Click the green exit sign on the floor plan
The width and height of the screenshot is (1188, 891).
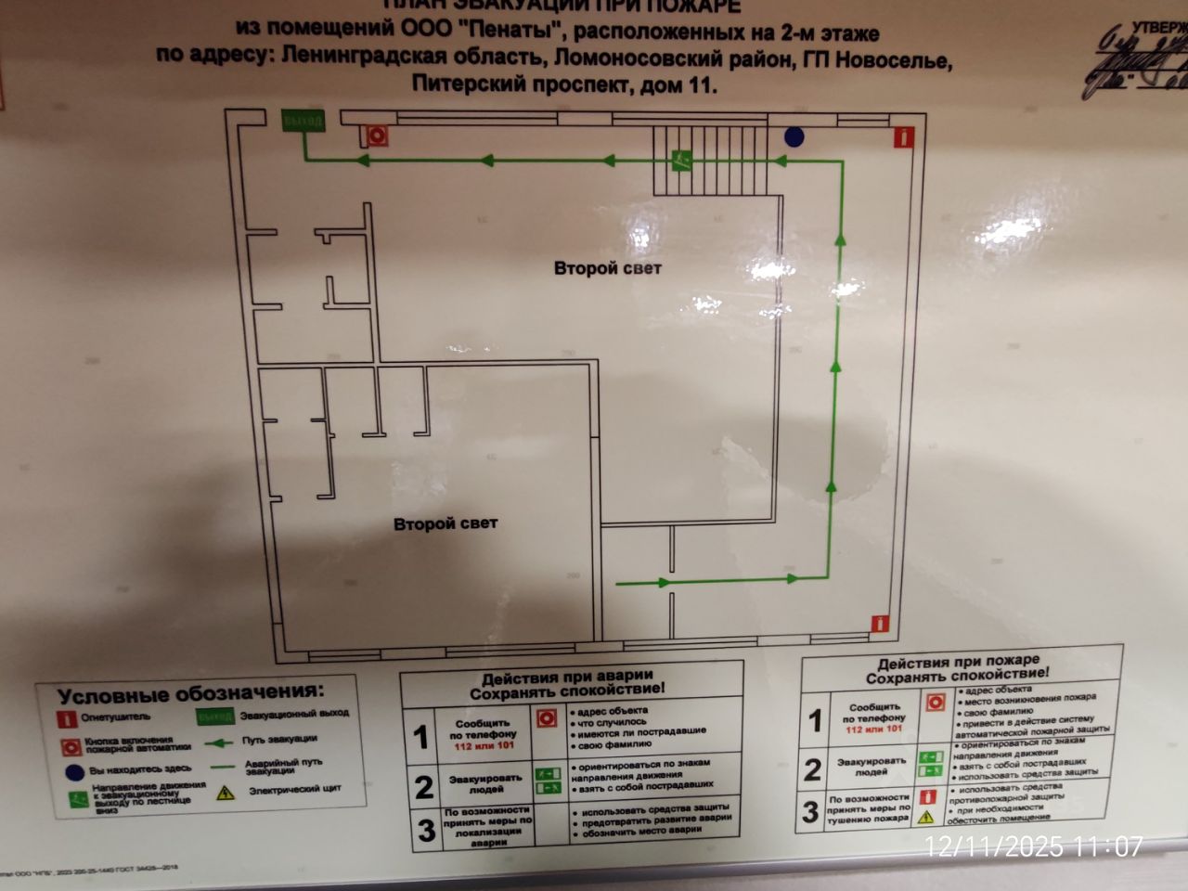click(x=303, y=121)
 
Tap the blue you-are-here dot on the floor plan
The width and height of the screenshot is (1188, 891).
click(x=794, y=136)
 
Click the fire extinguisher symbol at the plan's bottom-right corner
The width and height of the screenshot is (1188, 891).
click(x=879, y=624)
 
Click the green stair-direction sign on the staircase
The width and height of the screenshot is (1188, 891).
click(x=682, y=160)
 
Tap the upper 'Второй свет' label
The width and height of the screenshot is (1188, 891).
click(x=608, y=268)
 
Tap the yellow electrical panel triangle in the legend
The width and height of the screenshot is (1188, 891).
click(x=226, y=793)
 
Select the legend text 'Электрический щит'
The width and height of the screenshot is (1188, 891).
click(x=295, y=791)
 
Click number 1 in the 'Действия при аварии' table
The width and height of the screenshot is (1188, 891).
click(x=421, y=737)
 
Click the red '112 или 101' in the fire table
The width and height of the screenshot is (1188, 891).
click(x=873, y=730)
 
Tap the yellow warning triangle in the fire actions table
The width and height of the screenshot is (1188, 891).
click(x=925, y=817)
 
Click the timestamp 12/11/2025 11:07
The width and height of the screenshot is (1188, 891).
click(x=1034, y=846)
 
